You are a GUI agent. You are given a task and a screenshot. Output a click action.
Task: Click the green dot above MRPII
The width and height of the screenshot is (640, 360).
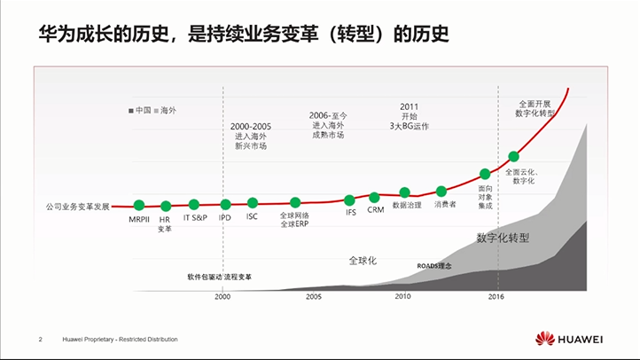click(x=139, y=206)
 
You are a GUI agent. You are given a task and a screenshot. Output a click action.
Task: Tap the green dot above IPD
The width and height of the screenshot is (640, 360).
click(x=225, y=205)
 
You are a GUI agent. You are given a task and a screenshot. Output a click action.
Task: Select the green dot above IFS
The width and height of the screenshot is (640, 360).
click(x=350, y=200)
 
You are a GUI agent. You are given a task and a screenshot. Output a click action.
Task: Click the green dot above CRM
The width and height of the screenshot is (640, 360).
click(x=374, y=197)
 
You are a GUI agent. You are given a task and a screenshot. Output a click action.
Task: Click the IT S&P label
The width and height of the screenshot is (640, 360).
click(x=195, y=217)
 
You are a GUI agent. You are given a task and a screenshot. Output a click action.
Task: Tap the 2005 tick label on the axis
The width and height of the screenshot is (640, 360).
click(x=314, y=297)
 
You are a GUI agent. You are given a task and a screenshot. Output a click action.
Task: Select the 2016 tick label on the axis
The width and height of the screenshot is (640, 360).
click(x=496, y=297)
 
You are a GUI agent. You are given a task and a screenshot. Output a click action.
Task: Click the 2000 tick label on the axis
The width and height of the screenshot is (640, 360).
click(x=222, y=297)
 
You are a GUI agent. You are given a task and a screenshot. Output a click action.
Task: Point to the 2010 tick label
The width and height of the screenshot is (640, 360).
click(x=403, y=297)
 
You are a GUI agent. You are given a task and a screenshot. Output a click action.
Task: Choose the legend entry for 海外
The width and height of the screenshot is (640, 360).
click(x=165, y=110)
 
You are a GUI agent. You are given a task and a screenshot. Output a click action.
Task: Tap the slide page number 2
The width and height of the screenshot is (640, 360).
click(x=41, y=340)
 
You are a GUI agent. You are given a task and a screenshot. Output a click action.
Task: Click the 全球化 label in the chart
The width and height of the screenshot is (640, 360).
click(x=363, y=261)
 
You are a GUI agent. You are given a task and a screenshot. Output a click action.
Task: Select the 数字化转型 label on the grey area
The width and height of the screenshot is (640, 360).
click(x=503, y=238)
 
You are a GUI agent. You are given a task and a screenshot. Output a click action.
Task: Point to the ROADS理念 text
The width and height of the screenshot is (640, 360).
click(x=434, y=265)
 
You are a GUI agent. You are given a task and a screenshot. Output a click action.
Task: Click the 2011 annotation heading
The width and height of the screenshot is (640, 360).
click(x=409, y=106)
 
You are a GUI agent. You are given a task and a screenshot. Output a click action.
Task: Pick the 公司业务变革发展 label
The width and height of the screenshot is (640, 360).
click(x=77, y=207)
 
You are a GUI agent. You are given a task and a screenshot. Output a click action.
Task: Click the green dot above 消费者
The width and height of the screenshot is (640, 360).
click(x=441, y=192)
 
